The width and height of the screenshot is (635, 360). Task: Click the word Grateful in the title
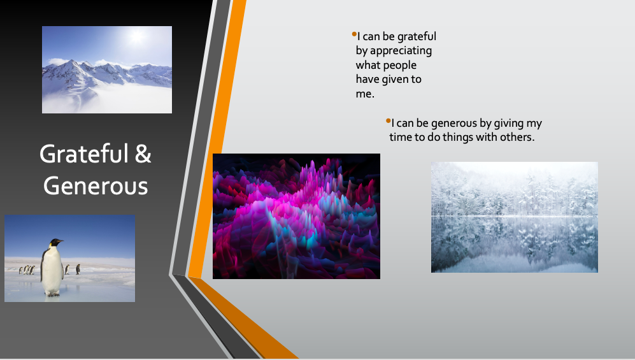[84, 154]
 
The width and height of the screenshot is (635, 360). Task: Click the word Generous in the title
[96, 186]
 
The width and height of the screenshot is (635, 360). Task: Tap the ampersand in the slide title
[143, 154]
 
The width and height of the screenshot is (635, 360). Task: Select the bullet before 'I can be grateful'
[354, 34]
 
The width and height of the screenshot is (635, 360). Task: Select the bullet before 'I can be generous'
[388, 120]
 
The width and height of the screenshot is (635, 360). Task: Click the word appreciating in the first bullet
[401, 51]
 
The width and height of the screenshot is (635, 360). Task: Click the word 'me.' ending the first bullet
[365, 94]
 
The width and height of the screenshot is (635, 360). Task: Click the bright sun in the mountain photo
[137, 36]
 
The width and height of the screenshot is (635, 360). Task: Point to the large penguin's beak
[60, 241]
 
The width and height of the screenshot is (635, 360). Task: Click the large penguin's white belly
[52, 270]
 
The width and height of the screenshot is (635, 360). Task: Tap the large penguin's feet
[52, 294]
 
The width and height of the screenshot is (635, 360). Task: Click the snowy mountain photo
[107, 69]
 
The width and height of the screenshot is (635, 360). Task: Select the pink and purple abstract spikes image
[296, 216]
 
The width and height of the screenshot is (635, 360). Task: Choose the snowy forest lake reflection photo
[515, 217]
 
